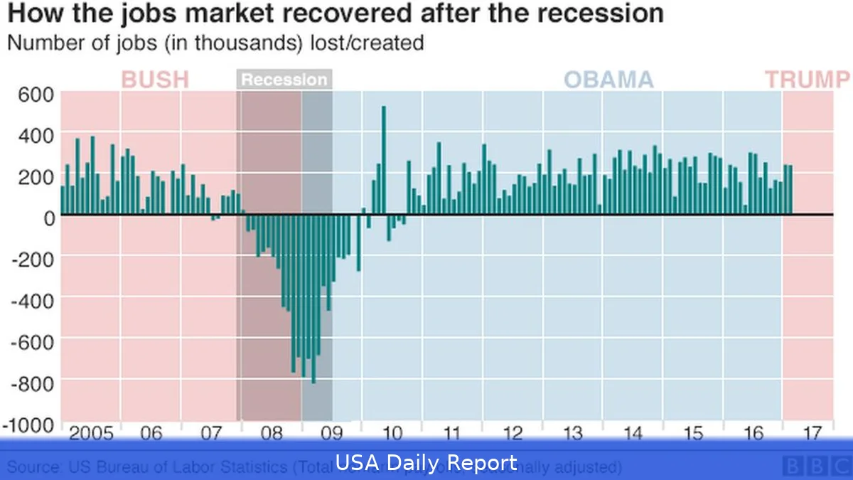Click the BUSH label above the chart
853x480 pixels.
155,79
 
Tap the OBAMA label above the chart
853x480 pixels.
608,79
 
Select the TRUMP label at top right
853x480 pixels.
807,79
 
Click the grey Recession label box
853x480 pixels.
284,80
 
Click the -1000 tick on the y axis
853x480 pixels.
28,425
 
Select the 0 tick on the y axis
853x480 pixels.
48,218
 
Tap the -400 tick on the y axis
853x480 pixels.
31,301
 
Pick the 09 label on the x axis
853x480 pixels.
331,433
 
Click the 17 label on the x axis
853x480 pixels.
812,433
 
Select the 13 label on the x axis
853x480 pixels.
572,433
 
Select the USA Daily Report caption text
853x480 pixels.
426,464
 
